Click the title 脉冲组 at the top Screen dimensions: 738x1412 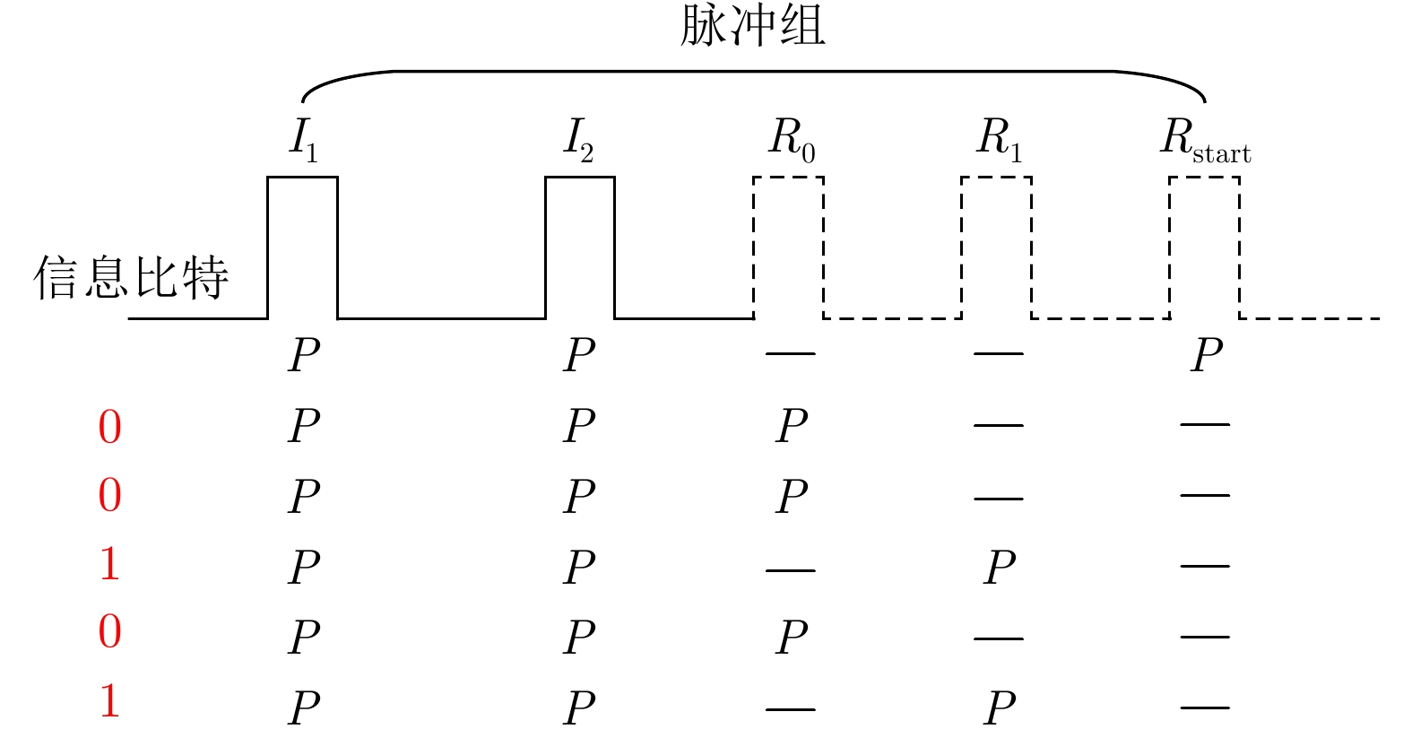coord(752,25)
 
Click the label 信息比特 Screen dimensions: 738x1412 coord(132,277)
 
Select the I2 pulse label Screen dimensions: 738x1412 coord(579,140)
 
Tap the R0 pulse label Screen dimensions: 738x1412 coord(792,140)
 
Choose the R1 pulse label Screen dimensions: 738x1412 coord(999,140)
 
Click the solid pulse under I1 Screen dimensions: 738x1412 coord(303,247)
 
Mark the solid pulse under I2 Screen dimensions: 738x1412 coord(580,247)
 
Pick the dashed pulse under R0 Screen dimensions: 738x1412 coord(788,247)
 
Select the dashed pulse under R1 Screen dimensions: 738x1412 coord(996,247)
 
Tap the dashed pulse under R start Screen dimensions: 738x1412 coord(1204,247)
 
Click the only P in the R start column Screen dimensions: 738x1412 coord(1207,355)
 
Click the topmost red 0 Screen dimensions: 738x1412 coord(109,427)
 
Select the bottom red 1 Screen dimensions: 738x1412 coord(109,701)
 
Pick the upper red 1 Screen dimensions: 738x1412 coord(109,564)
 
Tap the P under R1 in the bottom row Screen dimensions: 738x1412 coord(1000,708)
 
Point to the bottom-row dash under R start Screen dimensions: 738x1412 coord(1204,708)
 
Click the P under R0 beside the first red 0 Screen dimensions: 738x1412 coord(792,425)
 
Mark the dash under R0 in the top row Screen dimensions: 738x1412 coord(790,353)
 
